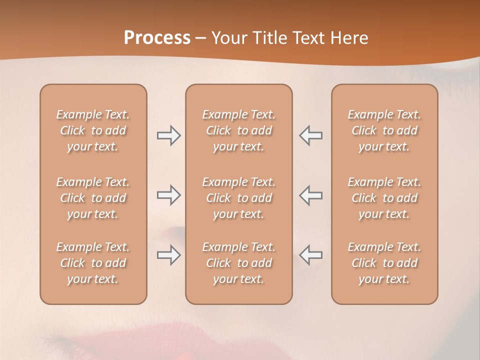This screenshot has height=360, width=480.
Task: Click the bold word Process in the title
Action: tap(157, 38)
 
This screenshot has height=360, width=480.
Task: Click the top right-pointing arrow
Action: tap(169, 135)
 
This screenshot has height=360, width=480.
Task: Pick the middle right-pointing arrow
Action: tap(169, 195)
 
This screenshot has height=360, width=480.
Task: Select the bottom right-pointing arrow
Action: tap(169, 255)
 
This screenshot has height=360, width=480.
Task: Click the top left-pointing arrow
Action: tap(311, 135)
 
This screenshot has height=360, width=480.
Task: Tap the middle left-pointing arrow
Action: tap(311, 195)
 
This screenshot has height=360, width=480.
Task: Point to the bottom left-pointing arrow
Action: tap(311, 255)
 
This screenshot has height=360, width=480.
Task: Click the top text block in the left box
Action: tap(93, 130)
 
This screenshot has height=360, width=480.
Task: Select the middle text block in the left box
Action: tap(93, 198)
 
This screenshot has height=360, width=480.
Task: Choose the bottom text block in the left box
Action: tap(93, 263)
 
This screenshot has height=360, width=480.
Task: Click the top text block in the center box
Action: tap(238, 130)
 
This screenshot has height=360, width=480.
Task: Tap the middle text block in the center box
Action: tap(238, 198)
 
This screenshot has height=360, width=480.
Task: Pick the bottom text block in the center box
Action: tap(238, 263)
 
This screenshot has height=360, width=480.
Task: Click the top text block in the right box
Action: tap(384, 130)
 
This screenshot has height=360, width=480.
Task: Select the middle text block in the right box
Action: tap(384, 198)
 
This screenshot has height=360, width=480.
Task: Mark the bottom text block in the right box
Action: tap(384, 263)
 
